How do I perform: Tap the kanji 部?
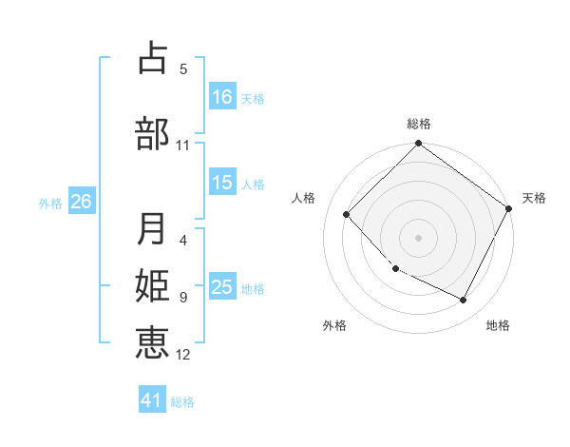click(152, 133)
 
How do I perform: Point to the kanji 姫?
click(152, 285)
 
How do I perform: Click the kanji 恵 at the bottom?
click(152, 341)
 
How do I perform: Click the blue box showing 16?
click(222, 96)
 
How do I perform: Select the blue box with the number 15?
click(222, 183)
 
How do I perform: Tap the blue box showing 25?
click(222, 287)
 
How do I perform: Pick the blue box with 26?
click(82, 202)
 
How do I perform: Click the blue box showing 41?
click(153, 400)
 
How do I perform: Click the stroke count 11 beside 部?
click(183, 146)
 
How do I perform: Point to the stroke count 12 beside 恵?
click(183, 355)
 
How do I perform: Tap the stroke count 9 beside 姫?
click(183, 298)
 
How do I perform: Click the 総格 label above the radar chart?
click(418, 124)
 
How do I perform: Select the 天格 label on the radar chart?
click(534, 198)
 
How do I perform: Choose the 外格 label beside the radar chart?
click(334, 325)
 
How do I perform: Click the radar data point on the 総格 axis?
click(418, 145)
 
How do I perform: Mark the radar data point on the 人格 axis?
click(347, 214)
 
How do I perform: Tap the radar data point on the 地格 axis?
click(464, 301)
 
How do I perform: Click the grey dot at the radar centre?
click(418, 238)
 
